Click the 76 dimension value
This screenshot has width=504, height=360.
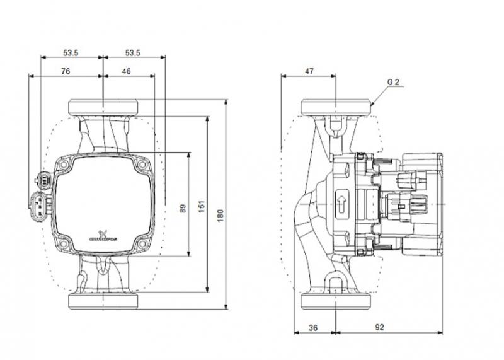click(66, 72)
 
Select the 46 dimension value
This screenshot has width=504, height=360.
click(126, 72)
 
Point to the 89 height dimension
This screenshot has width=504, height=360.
click(183, 207)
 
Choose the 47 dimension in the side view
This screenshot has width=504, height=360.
click(309, 72)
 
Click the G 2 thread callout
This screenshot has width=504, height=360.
click(393, 83)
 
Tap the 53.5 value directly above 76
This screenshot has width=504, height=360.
click(71, 52)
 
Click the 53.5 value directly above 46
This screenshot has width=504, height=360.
click(133, 52)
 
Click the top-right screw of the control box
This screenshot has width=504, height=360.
click(142, 165)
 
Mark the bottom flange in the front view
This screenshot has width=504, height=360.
click(102, 301)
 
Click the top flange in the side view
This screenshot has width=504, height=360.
click(337, 107)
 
